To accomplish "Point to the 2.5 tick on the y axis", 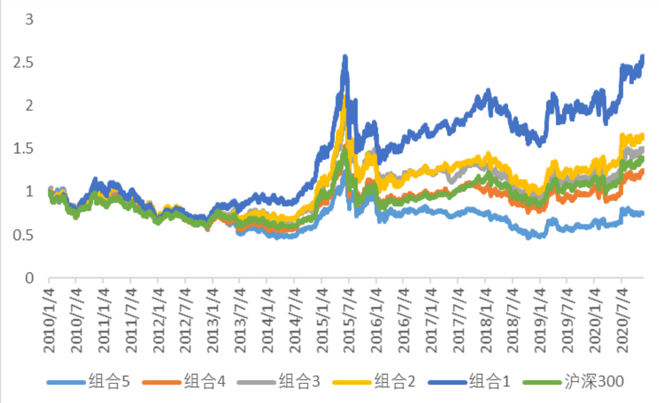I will (x=24, y=63).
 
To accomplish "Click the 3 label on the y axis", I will (x=28, y=20).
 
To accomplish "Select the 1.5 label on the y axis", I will (x=24, y=149).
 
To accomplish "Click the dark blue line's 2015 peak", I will (x=345, y=58).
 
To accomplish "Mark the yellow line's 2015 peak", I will (x=344, y=95).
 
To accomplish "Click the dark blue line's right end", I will (x=643, y=58).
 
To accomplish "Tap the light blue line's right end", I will (x=643, y=214).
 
